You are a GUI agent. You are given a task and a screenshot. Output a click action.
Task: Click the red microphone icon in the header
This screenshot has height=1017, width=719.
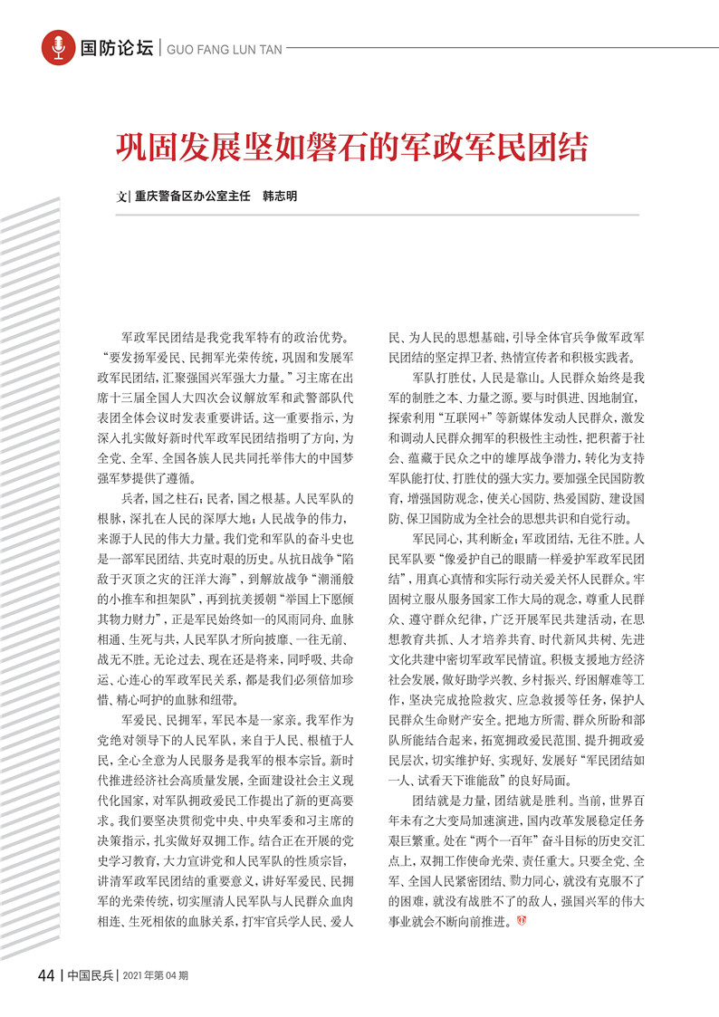click(58, 46)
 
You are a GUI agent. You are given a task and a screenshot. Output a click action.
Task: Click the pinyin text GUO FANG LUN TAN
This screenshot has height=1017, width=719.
click(222, 48)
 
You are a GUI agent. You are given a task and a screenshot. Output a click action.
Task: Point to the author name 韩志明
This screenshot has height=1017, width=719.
click(280, 196)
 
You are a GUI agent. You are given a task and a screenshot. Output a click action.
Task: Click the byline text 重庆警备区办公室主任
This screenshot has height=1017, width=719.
click(193, 196)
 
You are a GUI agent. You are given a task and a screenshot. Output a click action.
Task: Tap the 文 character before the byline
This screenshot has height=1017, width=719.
click(122, 196)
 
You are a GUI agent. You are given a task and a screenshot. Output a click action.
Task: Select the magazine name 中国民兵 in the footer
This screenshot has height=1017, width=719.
click(90, 975)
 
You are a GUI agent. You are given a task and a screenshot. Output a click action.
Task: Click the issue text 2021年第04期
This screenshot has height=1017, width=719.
click(155, 976)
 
